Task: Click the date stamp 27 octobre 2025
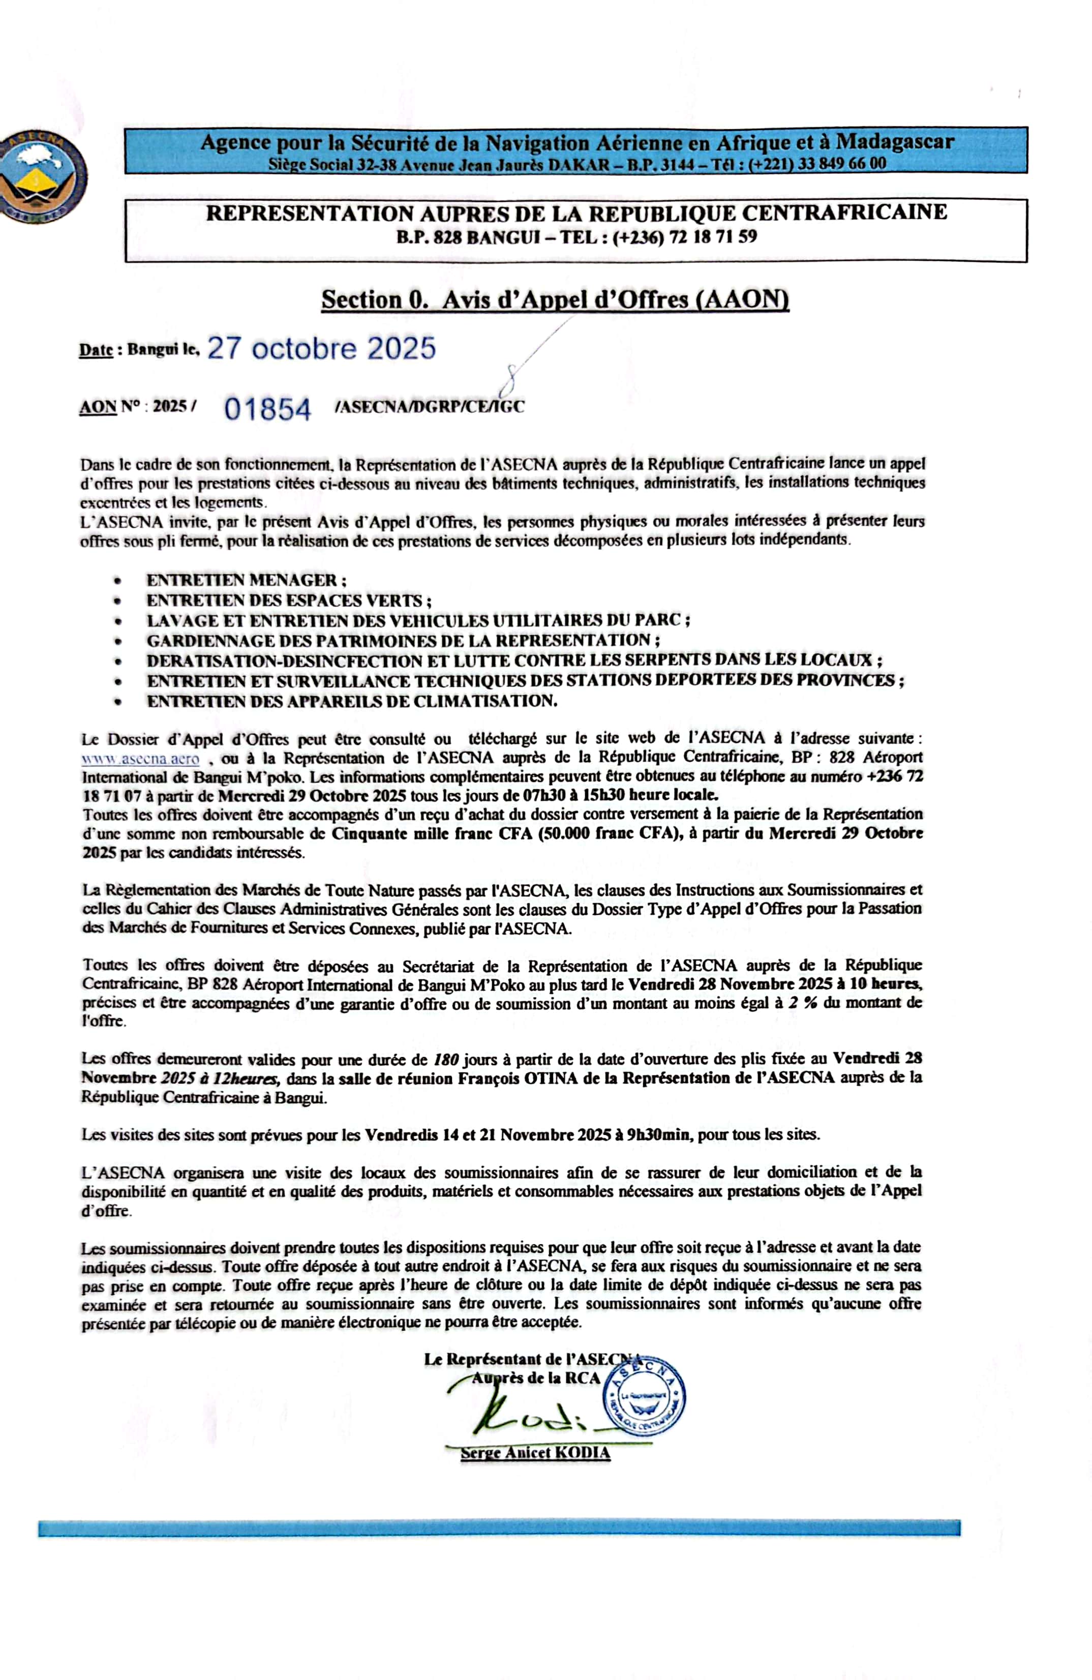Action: [x=321, y=349]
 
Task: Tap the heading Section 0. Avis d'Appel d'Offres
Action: [x=555, y=299]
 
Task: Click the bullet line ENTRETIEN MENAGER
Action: [x=246, y=580]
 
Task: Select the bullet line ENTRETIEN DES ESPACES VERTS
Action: [x=288, y=601]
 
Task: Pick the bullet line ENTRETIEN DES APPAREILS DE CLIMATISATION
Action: [x=351, y=701]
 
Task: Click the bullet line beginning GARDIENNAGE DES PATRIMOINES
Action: [x=403, y=641]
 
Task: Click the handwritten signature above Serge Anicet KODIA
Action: [x=522, y=1411]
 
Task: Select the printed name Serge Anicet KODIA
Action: [x=535, y=1453]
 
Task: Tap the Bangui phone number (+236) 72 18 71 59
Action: [x=685, y=237]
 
